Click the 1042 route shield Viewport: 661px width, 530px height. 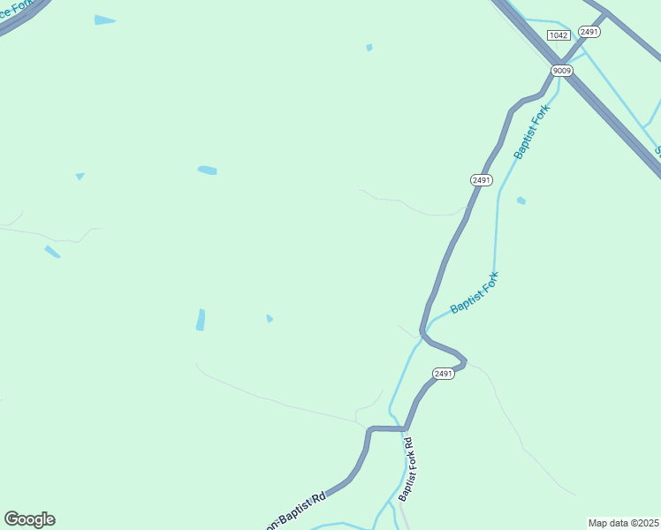point(558,34)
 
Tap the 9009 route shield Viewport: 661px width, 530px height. point(562,70)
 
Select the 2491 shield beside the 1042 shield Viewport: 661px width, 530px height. point(589,32)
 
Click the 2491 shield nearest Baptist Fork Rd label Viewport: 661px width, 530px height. point(444,374)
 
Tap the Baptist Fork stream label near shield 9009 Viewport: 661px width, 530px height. point(532,132)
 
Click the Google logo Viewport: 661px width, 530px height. point(29,519)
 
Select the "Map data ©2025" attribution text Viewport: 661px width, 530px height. point(623,523)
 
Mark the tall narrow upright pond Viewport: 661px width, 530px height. point(201,320)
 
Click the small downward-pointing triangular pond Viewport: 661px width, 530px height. point(80,176)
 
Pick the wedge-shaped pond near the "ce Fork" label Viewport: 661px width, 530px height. point(104,19)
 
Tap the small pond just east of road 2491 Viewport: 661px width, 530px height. point(521,201)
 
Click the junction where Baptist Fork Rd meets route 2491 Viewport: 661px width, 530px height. point(406,429)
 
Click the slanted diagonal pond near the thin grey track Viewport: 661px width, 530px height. point(52,252)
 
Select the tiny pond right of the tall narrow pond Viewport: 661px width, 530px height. point(270,318)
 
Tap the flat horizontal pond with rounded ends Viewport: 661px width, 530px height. point(208,170)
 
